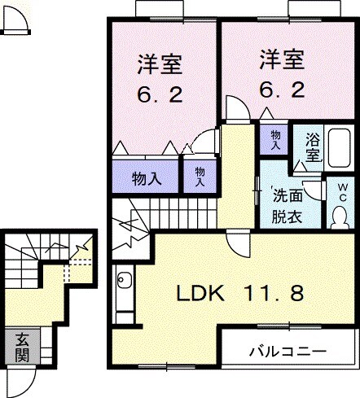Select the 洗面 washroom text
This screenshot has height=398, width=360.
coord(287,196)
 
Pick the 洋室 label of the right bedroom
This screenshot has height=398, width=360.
coord(282,59)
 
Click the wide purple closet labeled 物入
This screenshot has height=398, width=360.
coord(145,178)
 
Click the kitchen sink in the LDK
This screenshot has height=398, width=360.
coord(125,282)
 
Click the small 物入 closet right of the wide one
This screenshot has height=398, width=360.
coord(200,176)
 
